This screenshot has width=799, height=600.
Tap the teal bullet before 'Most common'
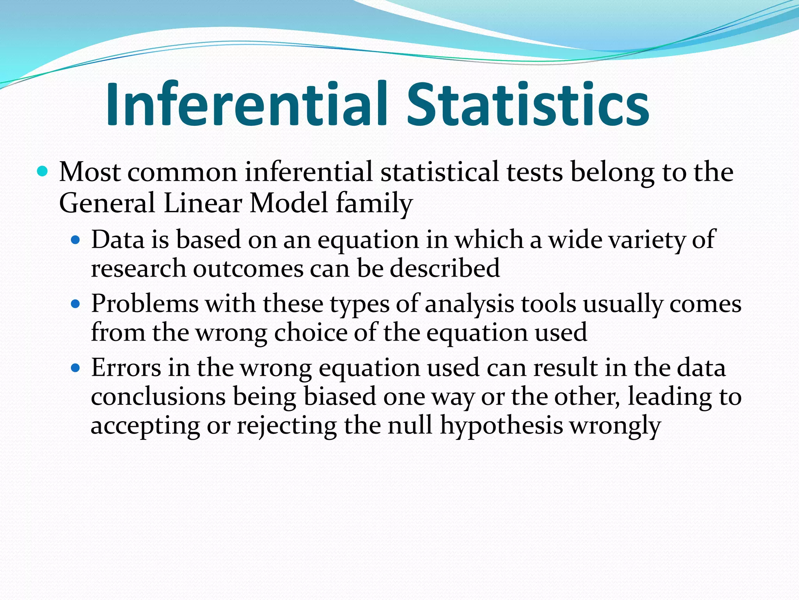pos(42,171)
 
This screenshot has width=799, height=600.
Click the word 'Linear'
pos(203,203)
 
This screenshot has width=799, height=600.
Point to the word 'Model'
pos(289,203)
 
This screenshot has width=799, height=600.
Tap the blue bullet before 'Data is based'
pos(76,239)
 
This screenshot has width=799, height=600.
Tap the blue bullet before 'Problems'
pos(76,304)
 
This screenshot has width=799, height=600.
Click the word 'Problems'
pos(145,304)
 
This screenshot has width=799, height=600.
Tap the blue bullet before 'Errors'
pos(76,368)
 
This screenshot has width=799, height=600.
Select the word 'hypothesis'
pos(502,426)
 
